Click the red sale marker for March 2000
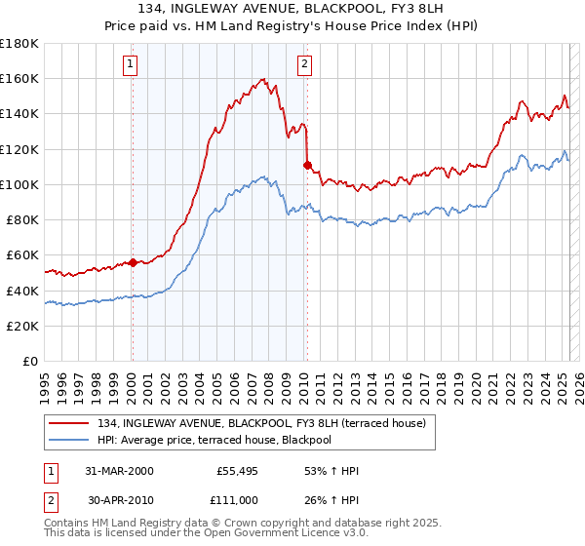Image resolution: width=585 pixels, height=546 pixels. tap(133, 262)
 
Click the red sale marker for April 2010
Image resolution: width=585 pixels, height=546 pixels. tap(307, 165)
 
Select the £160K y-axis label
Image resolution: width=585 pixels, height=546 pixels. tap(19, 78)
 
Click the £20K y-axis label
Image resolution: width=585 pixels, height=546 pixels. tap(23, 326)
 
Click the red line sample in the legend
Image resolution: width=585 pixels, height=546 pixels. tap(69, 422)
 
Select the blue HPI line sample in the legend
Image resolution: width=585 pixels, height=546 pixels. tap(69, 440)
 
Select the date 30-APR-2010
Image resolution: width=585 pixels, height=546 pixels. tap(119, 499)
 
